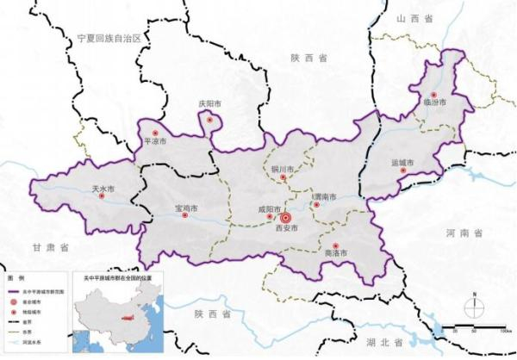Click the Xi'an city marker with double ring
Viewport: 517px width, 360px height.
286,218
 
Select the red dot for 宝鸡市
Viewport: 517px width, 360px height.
185,217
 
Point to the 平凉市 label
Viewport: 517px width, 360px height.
156,143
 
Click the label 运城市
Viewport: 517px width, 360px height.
402,162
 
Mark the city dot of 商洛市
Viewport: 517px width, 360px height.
335,245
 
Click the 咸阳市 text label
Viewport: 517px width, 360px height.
270,208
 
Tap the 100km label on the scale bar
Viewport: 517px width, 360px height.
501,329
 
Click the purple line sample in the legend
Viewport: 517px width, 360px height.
16,293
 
